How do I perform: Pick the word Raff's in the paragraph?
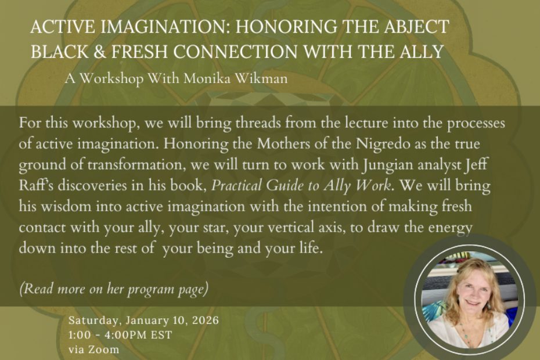point(35,185)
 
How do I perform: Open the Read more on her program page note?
point(114,289)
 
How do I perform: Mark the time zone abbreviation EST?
point(162,335)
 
